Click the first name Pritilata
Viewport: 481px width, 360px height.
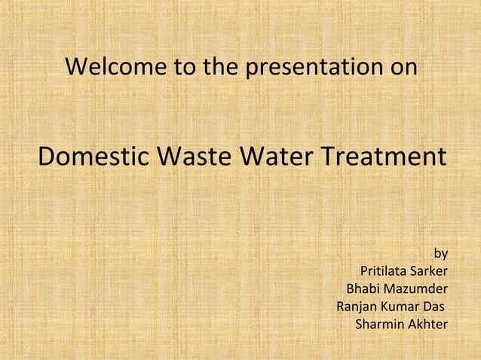click(385, 271)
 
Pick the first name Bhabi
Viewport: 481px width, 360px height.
click(363, 289)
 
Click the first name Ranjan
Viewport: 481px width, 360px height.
click(357, 307)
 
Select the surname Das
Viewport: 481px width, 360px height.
click(433, 307)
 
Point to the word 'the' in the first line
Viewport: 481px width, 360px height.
click(219, 68)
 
